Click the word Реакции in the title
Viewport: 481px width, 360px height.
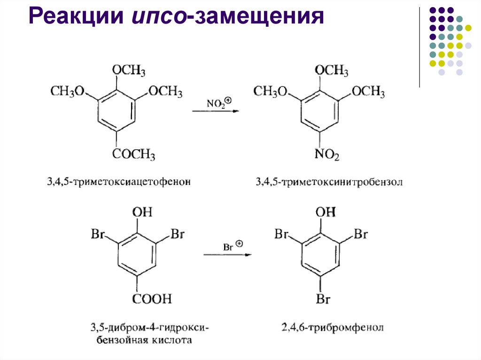point(76,19)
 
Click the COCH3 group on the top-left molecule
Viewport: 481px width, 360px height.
point(133,154)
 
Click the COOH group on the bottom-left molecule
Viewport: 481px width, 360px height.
point(152,298)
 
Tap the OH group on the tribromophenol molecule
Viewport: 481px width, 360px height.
point(326,212)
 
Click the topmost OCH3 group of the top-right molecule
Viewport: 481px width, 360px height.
point(331,71)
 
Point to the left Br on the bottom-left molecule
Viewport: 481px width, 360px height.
point(97,233)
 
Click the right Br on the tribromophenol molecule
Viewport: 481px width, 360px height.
point(361,233)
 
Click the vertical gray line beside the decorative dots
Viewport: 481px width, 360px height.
point(419,47)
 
